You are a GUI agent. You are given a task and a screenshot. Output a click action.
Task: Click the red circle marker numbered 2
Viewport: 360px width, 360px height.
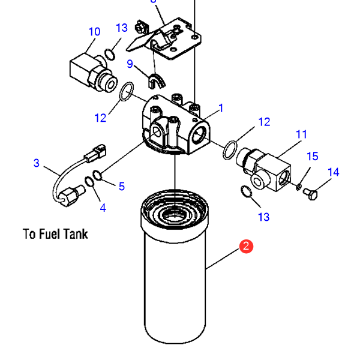tap(246, 247)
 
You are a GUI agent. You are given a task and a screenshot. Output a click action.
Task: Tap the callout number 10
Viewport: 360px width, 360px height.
tap(94, 32)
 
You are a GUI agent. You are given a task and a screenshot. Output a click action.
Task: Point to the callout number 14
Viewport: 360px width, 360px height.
tap(334, 172)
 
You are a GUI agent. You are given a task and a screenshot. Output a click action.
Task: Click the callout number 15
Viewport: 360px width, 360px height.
tap(312, 157)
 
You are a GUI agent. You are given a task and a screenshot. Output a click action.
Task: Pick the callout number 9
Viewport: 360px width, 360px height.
tap(130, 64)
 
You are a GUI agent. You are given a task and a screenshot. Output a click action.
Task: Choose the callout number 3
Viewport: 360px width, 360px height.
tap(37, 163)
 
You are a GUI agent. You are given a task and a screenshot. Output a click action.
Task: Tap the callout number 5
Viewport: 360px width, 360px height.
tap(122, 186)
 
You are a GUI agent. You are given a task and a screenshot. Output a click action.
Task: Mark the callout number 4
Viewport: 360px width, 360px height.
tap(103, 208)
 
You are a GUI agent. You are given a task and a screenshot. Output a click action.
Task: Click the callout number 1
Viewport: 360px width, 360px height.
tap(221, 109)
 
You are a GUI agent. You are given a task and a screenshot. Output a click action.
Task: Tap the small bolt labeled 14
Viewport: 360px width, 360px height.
tap(310, 193)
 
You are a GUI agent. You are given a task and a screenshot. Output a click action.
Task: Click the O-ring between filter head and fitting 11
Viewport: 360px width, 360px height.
tap(230, 149)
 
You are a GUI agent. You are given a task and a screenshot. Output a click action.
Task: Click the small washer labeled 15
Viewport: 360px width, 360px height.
tap(298, 185)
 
